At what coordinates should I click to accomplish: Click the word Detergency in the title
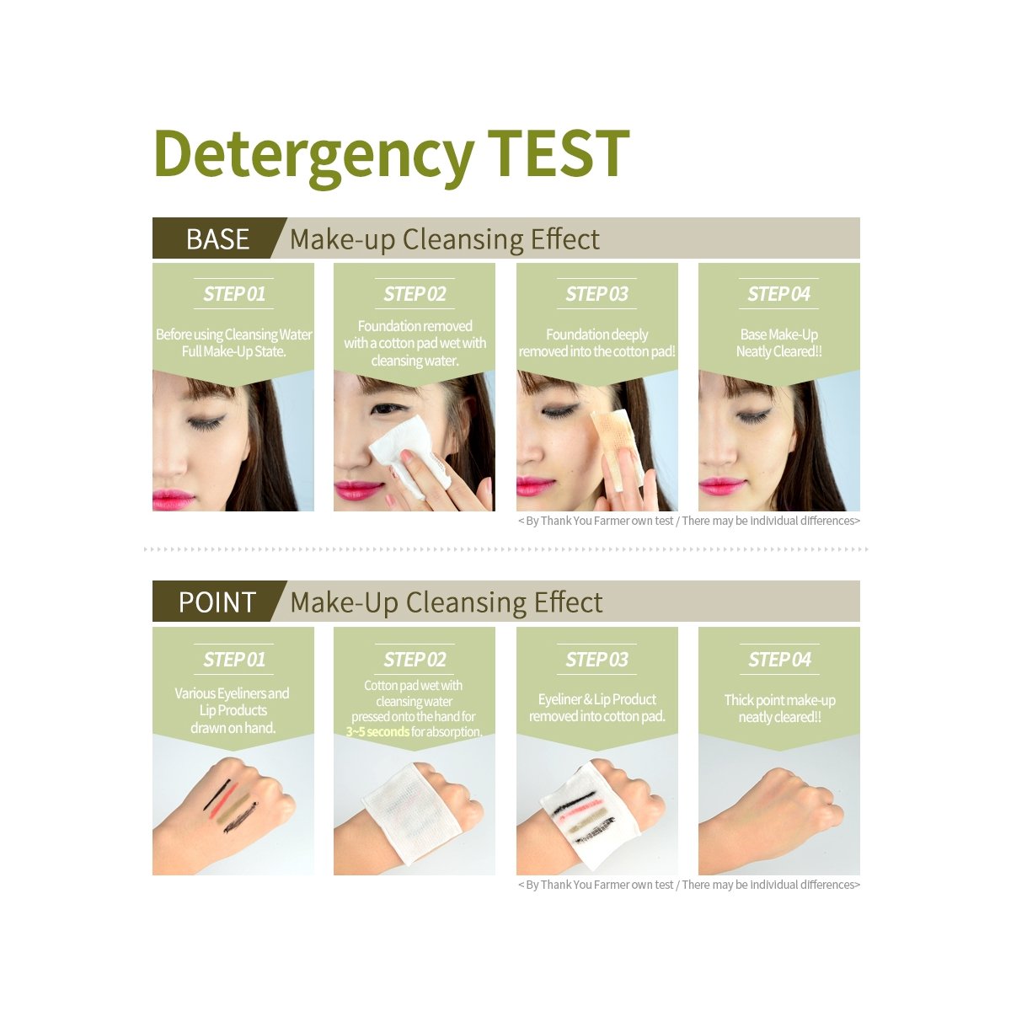(314, 157)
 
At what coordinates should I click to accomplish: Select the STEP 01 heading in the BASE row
(234, 294)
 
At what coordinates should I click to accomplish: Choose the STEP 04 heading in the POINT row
(779, 660)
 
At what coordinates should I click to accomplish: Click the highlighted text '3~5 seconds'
(377, 731)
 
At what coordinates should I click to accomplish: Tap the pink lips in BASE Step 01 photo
(173, 499)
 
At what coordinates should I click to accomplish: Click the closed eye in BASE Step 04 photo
(753, 417)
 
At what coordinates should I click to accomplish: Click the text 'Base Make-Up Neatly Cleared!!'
(779, 343)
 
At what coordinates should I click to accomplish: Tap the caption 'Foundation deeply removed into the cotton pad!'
(597, 343)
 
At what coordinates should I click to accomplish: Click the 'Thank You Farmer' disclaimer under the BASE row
(689, 521)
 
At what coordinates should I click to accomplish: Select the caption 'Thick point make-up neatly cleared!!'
(779, 709)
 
